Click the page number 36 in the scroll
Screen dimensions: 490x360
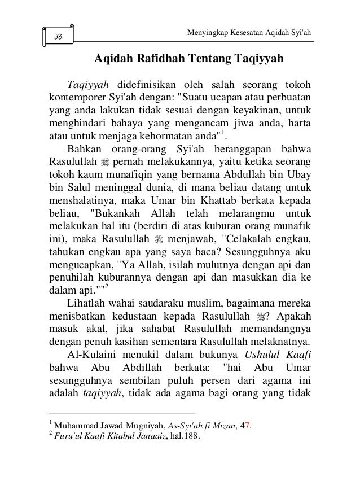[x=59, y=37]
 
